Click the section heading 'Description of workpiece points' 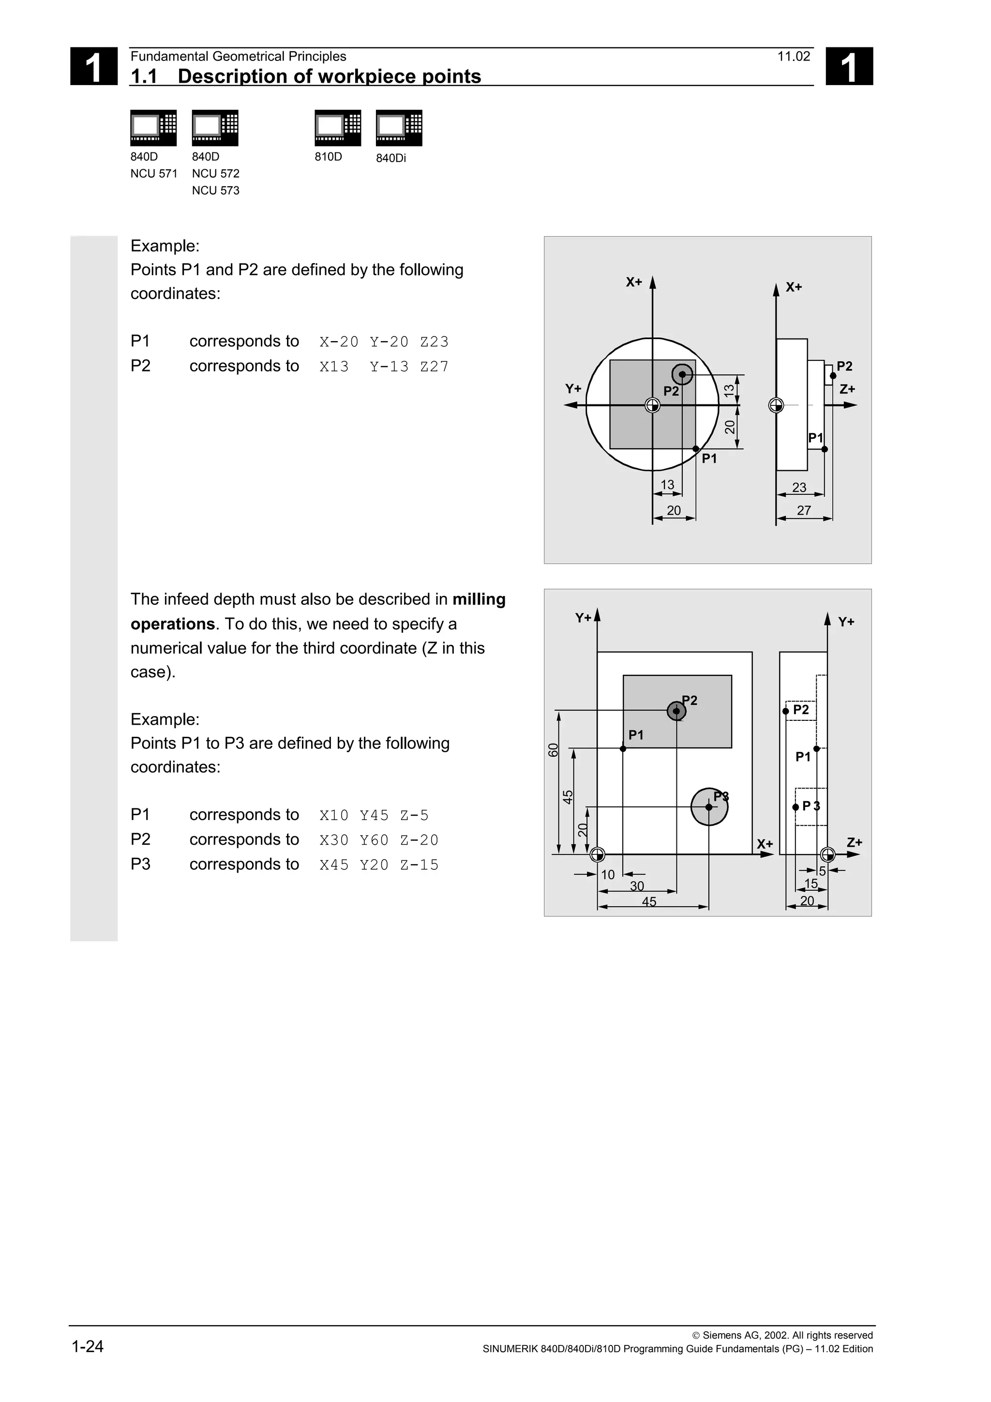329,76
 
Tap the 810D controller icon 338,128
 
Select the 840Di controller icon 399,128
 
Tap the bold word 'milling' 479,599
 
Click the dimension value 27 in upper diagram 804,510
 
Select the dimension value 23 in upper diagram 799,487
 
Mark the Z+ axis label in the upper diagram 847,389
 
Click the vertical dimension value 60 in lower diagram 553,750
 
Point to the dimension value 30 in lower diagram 637,886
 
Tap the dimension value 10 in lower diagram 608,875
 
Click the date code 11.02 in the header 793,57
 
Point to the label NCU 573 215,191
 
